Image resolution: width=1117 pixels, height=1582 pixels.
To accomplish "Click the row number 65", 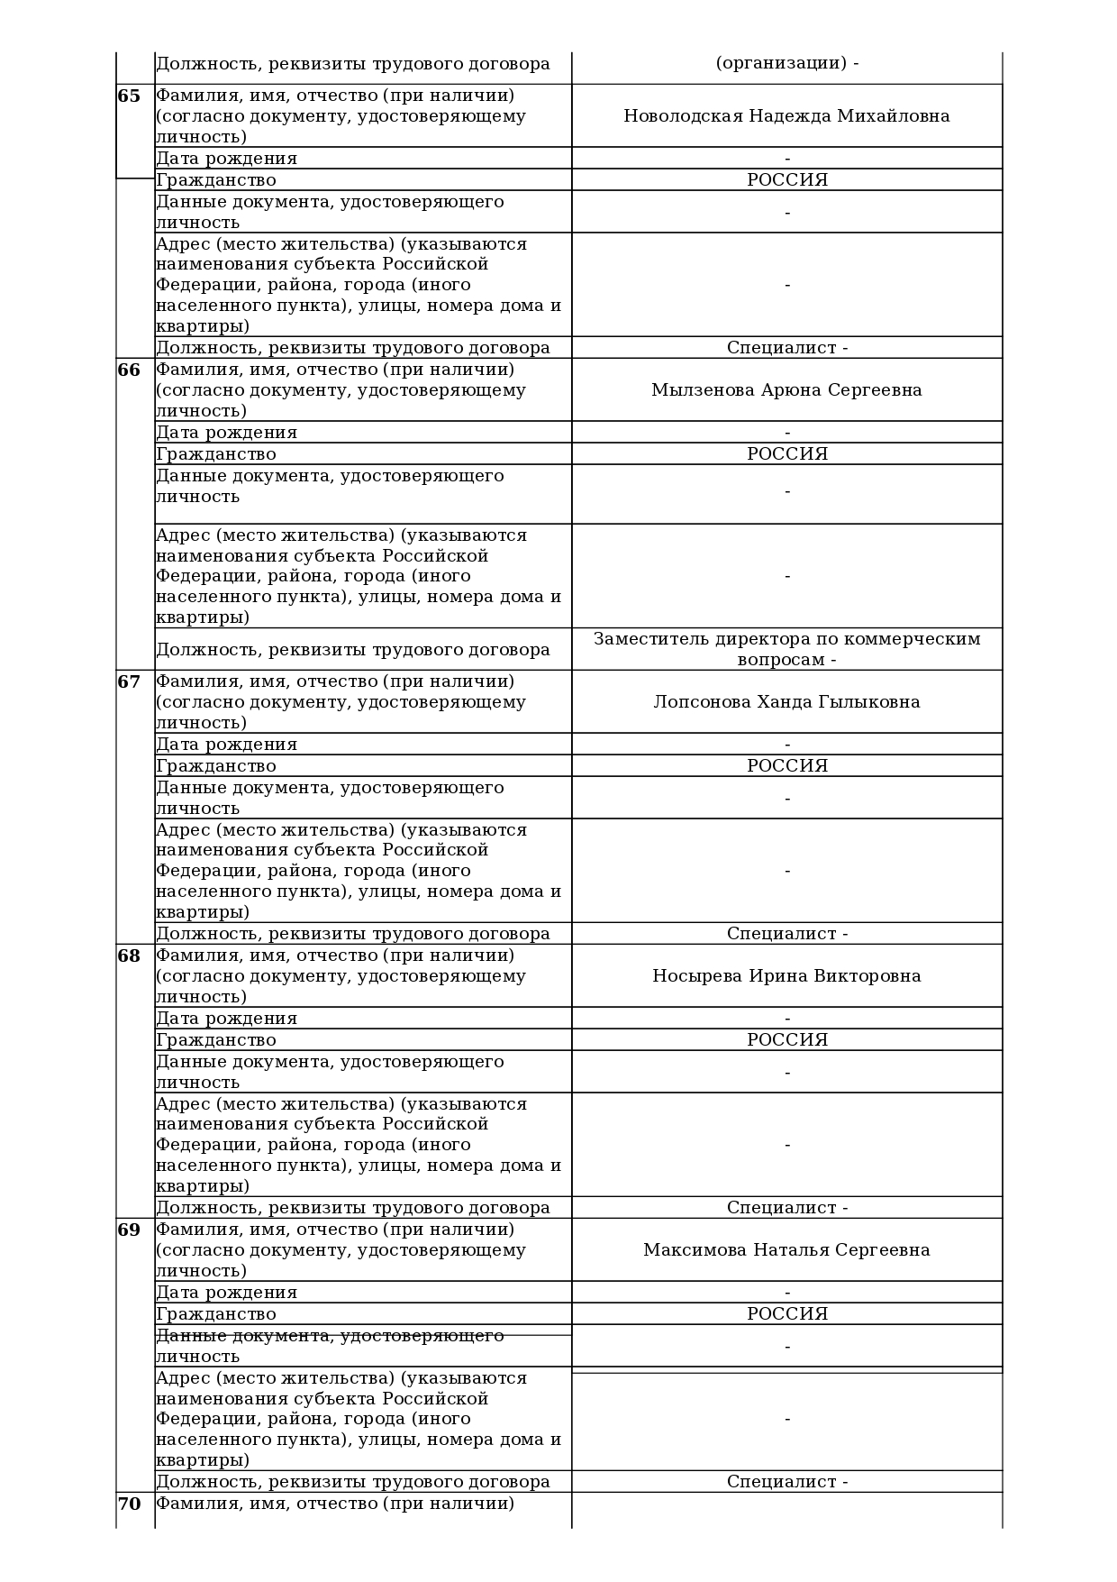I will [129, 96].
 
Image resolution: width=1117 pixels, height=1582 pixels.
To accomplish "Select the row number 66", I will [129, 370].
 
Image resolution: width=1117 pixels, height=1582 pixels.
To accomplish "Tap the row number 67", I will [129, 682].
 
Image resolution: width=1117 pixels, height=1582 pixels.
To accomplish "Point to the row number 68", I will [129, 956].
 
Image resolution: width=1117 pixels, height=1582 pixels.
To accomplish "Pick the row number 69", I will [129, 1230].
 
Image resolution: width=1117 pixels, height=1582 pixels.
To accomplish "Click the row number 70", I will [129, 1504].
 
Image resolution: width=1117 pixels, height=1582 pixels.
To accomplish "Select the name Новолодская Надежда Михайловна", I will [786, 116].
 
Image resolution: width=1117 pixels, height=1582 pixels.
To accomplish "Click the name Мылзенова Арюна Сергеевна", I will [786, 390].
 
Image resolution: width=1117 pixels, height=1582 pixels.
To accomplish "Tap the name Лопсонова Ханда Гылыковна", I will [786, 702].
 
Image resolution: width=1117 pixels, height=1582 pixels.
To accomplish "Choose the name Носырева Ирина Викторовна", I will [786, 976].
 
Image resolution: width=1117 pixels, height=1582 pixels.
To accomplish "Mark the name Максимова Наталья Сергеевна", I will [786, 1250].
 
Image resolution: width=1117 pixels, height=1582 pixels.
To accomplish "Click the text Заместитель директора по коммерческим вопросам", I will [786, 649].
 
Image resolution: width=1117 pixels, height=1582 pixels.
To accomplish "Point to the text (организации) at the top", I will [780, 64].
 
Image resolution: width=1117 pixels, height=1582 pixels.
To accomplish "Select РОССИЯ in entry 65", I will [786, 180].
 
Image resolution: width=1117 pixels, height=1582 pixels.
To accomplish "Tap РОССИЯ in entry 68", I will [786, 1040].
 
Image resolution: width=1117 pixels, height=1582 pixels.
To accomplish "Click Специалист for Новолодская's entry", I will [781, 348].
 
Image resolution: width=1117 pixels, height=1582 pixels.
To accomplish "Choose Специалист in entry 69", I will [781, 1482].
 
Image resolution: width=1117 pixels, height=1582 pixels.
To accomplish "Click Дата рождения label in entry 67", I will [226, 745].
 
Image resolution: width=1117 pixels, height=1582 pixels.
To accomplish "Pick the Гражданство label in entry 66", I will [216, 454].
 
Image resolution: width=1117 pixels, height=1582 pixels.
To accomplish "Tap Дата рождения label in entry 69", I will [226, 1293].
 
